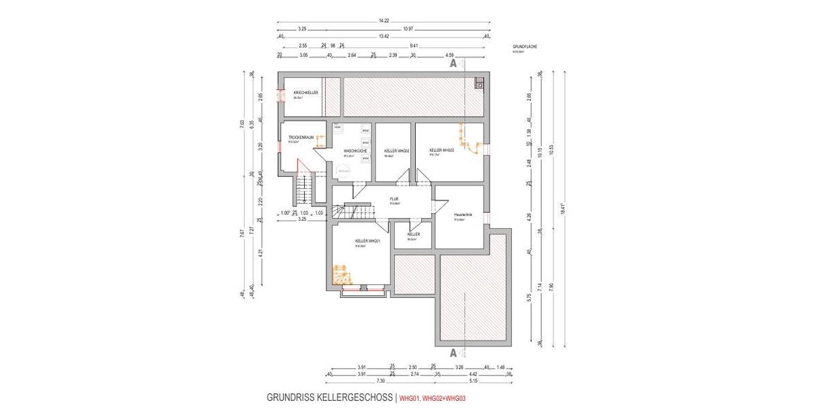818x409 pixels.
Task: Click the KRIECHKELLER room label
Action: [x=306, y=92]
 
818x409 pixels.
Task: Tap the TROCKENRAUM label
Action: [x=300, y=138]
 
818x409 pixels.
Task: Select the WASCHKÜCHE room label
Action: [x=356, y=150]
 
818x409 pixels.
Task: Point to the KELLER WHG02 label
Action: [x=396, y=150]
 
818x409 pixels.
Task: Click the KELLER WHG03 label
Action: [x=442, y=149]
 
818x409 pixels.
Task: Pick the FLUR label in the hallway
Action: [x=394, y=199]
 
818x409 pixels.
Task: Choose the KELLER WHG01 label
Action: [x=367, y=241]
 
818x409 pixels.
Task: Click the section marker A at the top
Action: [x=453, y=63]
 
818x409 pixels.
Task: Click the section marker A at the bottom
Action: [x=453, y=352]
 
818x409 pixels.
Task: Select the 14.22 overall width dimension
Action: [x=384, y=21]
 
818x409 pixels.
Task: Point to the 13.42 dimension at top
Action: [x=384, y=35]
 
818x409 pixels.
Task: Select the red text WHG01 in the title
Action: [x=408, y=398]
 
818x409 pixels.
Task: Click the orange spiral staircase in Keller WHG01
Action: [x=339, y=275]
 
